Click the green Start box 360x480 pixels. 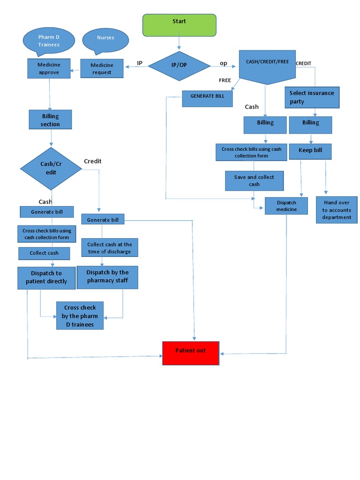click(179, 25)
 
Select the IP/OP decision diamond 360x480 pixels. click(179, 65)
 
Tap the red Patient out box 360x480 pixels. click(191, 353)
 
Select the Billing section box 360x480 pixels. click(51, 120)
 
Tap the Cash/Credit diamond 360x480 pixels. click(51, 168)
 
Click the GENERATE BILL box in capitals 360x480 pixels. click(207, 98)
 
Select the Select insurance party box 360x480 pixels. click(312, 97)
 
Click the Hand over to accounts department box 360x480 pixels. click(337, 210)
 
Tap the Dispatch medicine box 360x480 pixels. click(286, 206)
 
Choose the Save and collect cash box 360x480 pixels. click(254, 181)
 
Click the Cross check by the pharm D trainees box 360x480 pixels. click(80, 315)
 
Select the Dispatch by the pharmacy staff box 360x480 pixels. click(107, 277)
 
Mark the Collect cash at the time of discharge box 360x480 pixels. click(110, 248)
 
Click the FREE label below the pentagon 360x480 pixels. click(225, 80)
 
